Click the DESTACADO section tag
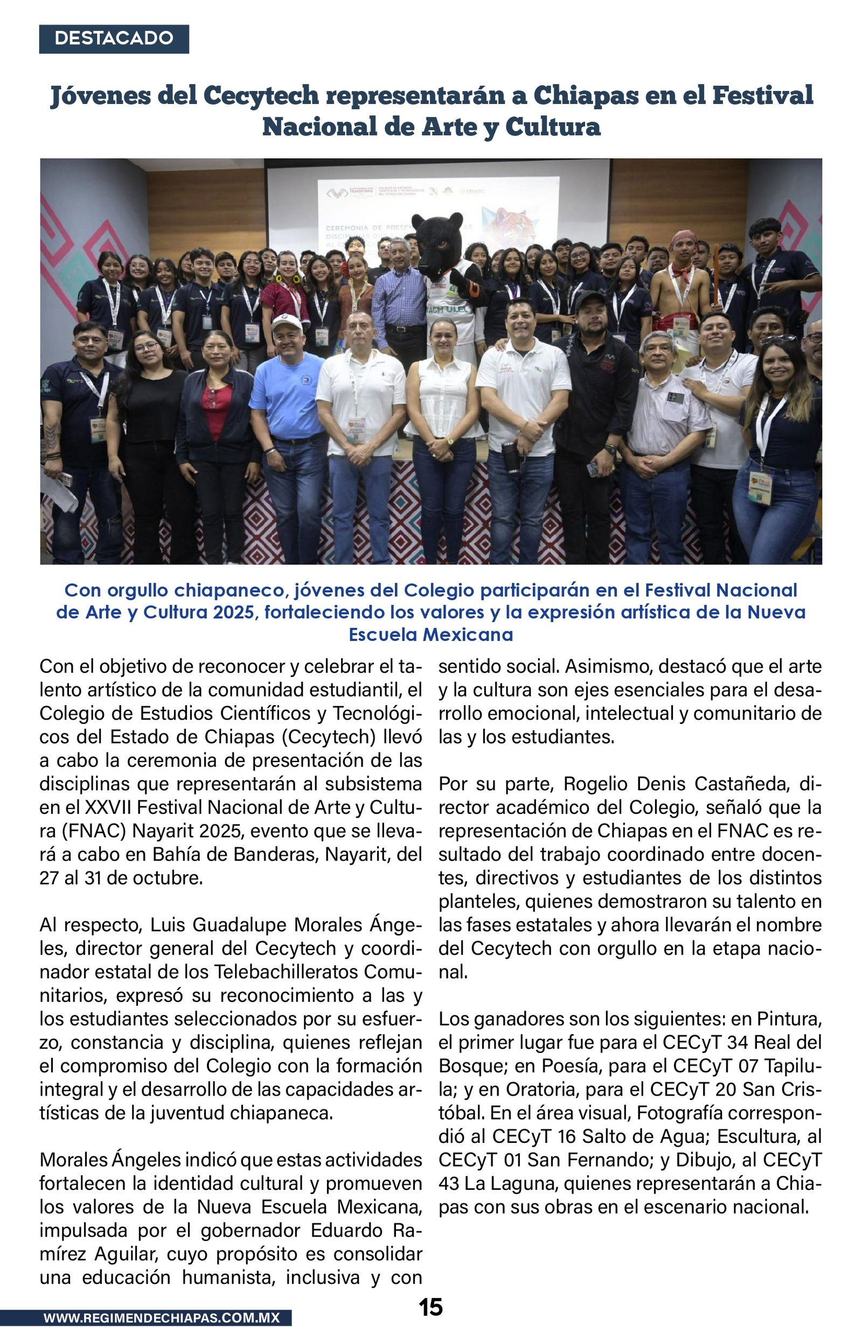point(114,39)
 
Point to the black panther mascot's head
point(439,241)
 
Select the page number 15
point(430,1307)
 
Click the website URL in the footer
point(162,1317)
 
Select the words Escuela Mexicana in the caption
point(430,634)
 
